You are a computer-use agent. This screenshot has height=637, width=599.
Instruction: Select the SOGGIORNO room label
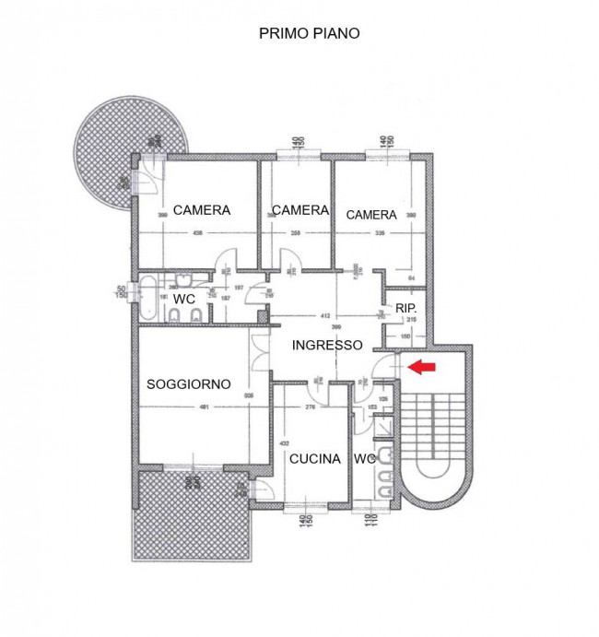188,383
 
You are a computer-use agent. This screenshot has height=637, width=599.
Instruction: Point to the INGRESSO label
327,346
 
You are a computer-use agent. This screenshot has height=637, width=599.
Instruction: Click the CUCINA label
314,458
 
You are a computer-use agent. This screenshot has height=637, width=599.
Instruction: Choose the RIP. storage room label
405,308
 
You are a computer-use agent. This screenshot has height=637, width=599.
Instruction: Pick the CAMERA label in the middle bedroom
299,210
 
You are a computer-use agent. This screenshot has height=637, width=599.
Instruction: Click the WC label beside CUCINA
364,458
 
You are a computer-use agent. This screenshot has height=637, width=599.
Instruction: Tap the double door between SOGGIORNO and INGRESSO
257,351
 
